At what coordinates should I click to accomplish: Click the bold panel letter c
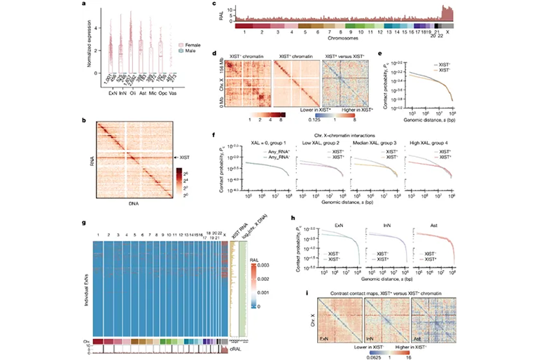(x=213, y=5)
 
